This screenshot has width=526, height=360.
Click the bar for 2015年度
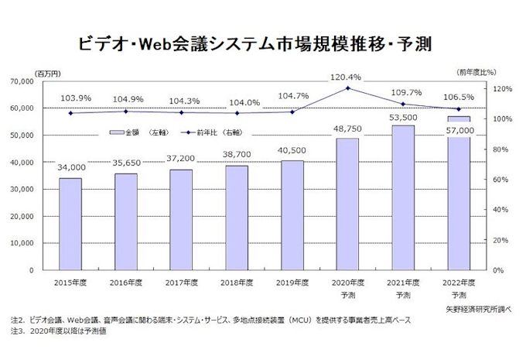point(70,224)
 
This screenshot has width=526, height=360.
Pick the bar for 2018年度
point(237,218)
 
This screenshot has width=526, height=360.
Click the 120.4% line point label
point(347,77)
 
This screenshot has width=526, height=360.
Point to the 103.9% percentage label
point(70,98)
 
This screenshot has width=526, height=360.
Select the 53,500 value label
point(403,117)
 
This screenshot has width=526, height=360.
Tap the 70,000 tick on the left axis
point(33,81)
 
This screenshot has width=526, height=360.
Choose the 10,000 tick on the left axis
point(33,243)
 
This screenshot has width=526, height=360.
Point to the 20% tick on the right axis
point(500,240)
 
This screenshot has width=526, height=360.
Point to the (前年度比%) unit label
point(480,70)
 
